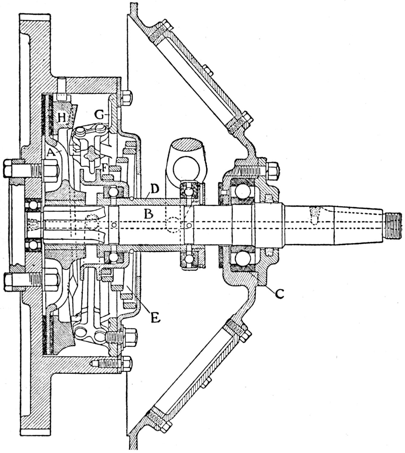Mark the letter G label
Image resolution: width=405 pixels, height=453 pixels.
[x=98, y=115]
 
